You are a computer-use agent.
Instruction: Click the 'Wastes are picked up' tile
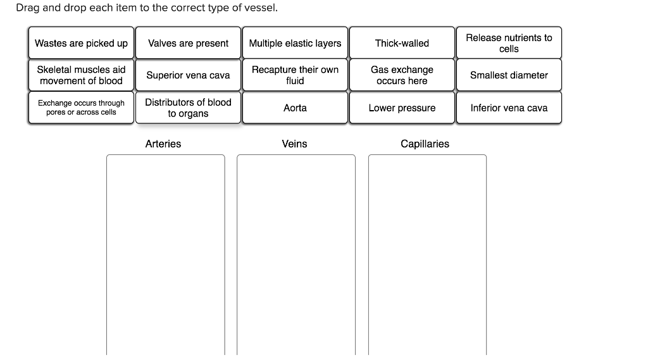81,43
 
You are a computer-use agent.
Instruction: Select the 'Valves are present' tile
188,43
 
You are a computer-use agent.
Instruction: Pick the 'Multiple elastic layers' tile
295,43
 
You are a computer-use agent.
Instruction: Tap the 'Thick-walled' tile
402,43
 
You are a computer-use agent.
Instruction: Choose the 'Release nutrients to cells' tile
509,43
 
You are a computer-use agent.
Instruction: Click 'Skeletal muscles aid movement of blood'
81,75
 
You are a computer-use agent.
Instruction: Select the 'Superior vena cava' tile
188,75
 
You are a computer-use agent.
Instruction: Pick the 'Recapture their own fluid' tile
295,75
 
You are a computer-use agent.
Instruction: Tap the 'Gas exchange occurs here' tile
402,75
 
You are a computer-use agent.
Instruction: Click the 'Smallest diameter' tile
509,75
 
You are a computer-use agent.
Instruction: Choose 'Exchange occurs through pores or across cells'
81,108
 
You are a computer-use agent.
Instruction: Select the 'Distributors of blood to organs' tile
188,108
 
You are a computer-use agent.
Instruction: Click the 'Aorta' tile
295,108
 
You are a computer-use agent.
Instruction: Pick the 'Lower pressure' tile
402,108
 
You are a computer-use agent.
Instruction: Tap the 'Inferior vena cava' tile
509,108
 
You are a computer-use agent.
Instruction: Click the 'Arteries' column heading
163,144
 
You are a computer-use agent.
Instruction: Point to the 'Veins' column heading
294,144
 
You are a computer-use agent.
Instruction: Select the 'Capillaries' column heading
425,144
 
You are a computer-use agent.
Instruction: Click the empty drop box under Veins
296,253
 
